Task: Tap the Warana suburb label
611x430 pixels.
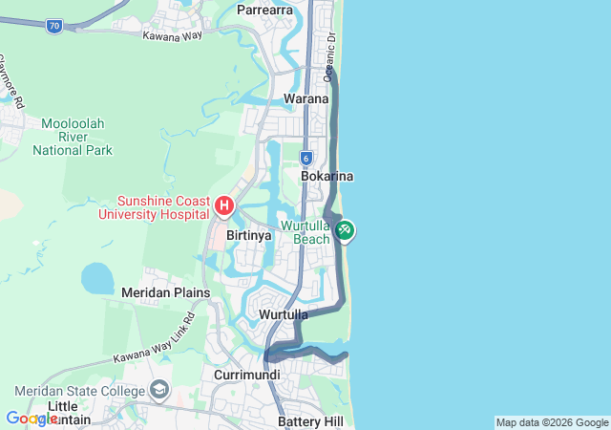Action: [306, 98]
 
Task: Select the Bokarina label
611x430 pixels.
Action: [327, 177]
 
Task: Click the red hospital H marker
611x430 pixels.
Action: [224, 205]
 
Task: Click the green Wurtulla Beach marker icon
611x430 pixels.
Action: [345, 230]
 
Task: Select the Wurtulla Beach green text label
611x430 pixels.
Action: [305, 232]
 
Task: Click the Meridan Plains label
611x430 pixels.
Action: [158, 291]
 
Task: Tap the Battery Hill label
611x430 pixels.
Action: [309, 421]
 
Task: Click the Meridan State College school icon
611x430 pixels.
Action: [158, 390]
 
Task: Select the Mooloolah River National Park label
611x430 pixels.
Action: [73, 137]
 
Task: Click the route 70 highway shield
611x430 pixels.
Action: [54, 27]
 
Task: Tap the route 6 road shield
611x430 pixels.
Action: [305, 159]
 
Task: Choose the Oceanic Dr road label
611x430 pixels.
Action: [330, 56]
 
